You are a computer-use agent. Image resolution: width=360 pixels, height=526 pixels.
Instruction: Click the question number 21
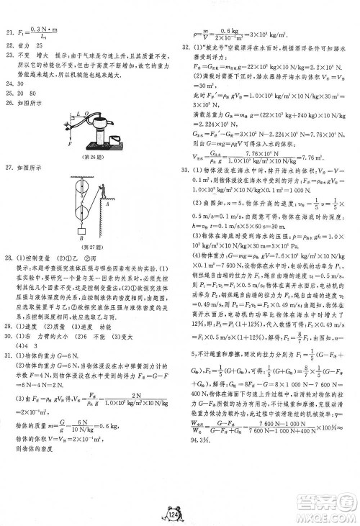(8, 32)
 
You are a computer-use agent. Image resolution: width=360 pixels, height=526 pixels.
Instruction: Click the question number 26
(8, 101)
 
